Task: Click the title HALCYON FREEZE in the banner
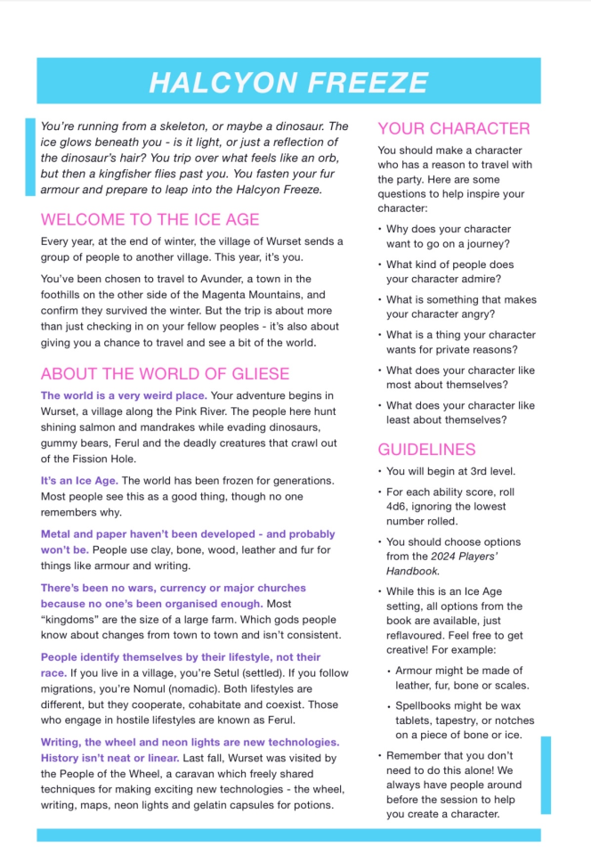[x=288, y=82]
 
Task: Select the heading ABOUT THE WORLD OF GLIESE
[x=165, y=373]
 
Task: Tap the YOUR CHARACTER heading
[x=453, y=128]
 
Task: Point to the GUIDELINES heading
[x=426, y=449]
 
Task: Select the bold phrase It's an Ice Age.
[x=79, y=480]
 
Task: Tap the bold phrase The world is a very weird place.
[x=124, y=394]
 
